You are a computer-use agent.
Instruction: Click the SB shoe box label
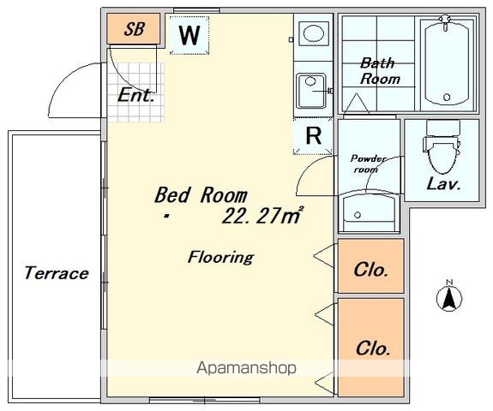pyautogui.click(x=135, y=29)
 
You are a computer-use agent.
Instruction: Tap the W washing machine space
pyautogui.click(x=189, y=35)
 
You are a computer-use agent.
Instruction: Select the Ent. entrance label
pyautogui.click(x=136, y=95)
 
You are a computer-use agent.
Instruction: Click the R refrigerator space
pyautogui.click(x=313, y=135)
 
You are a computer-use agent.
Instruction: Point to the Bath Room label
pyautogui.click(x=380, y=71)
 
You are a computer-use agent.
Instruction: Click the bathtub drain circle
pyautogui.click(x=447, y=97)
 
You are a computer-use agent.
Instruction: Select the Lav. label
pyautogui.click(x=443, y=184)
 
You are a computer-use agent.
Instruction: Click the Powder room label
pyautogui.click(x=368, y=164)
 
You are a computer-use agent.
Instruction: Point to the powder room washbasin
pyautogui.click(x=369, y=212)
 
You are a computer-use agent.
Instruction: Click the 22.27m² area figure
pyautogui.click(x=262, y=216)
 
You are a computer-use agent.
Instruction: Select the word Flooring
pyautogui.click(x=220, y=258)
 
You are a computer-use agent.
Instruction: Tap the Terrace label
pyautogui.click(x=57, y=272)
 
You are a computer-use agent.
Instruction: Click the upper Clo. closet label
pyautogui.click(x=370, y=270)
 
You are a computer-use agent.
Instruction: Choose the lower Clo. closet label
pyautogui.click(x=373, y=348)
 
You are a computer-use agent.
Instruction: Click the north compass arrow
pyautogui.click(x=449, y=297)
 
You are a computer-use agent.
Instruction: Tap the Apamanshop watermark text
pyautogui.click(x=246, y=368)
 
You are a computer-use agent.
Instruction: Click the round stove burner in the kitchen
pyautogui.click(x=313, y=33)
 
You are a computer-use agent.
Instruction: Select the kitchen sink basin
pyautogui.click(x=311, y=92)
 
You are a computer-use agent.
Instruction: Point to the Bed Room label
pyautogui.click(x=201, y=195)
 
